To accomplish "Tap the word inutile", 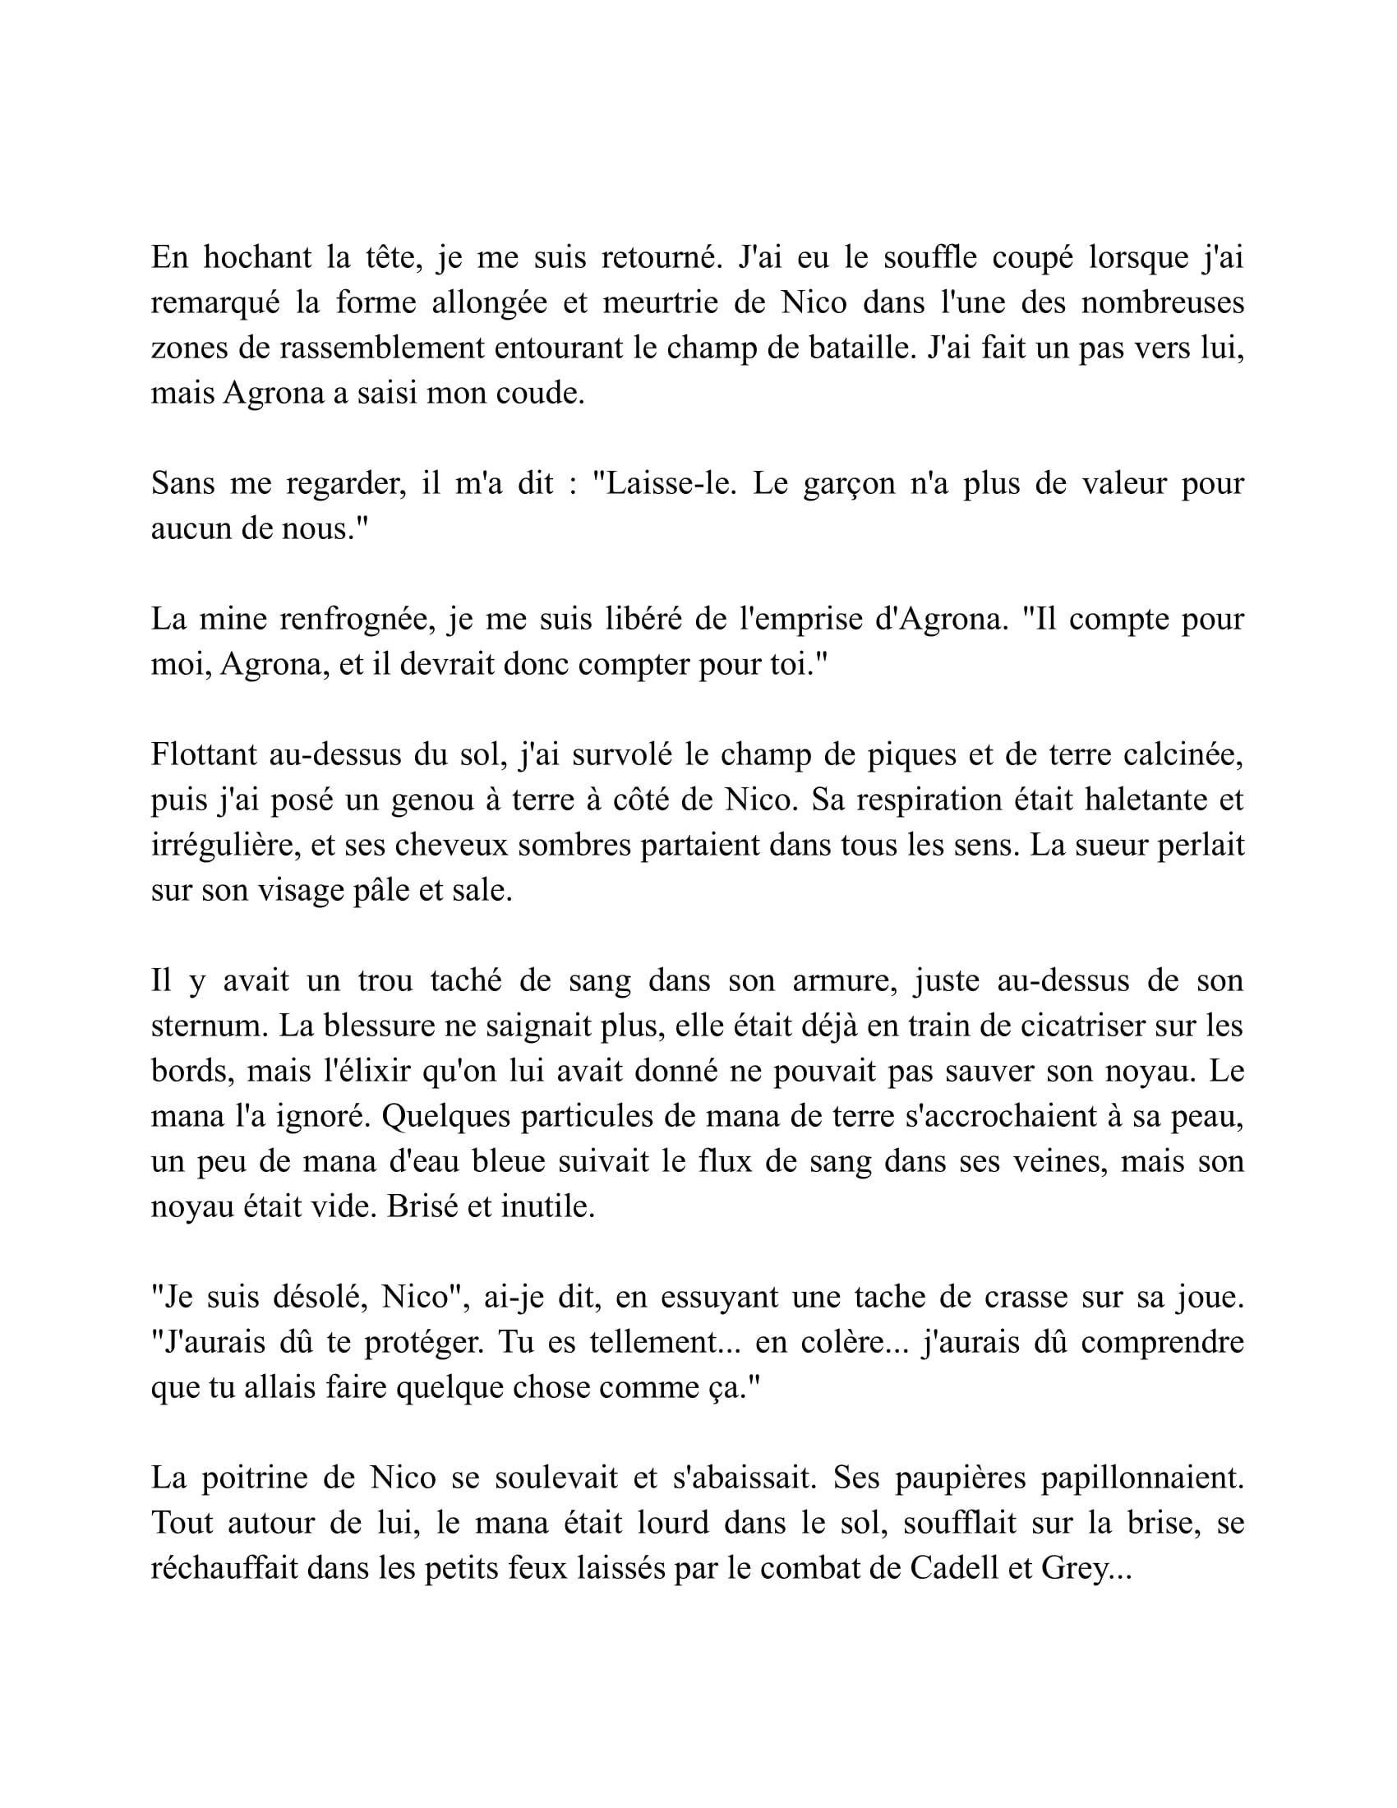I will pos(548,1206).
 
